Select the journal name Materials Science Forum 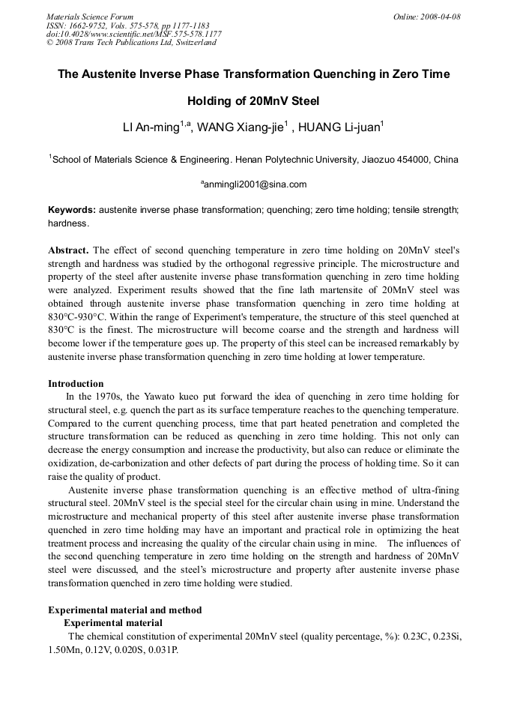click(90, 16)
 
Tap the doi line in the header click(134, 34)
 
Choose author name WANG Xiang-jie click(244, 128)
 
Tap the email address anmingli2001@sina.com click(255, 184)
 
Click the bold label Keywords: click(72, 210)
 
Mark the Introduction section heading click(76, 383)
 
